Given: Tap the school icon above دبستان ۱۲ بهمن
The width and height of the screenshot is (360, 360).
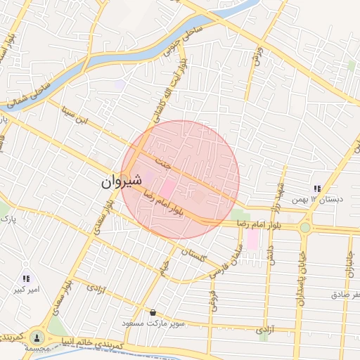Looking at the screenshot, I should tap(317, 188).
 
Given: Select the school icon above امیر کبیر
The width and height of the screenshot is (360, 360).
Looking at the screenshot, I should tap(27, 278).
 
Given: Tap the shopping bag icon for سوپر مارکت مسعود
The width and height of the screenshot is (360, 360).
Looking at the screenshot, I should tap(153, 311).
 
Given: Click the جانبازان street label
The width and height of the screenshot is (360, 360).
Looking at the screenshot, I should tap(349, 262).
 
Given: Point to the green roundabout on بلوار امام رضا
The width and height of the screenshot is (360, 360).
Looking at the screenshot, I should tap(304, 228).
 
